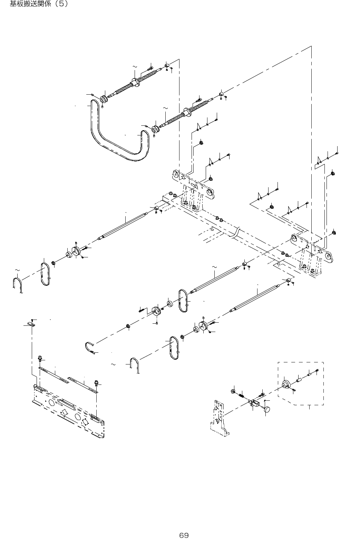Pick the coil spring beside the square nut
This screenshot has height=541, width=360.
point(242,394)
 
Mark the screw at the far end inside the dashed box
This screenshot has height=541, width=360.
point(317,371)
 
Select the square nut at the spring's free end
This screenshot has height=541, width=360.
point(233,391)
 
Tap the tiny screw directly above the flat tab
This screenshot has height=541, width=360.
point(32,320)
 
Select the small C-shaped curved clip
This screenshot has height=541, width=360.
point(89,347)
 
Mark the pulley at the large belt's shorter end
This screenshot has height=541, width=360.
point(155,129)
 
